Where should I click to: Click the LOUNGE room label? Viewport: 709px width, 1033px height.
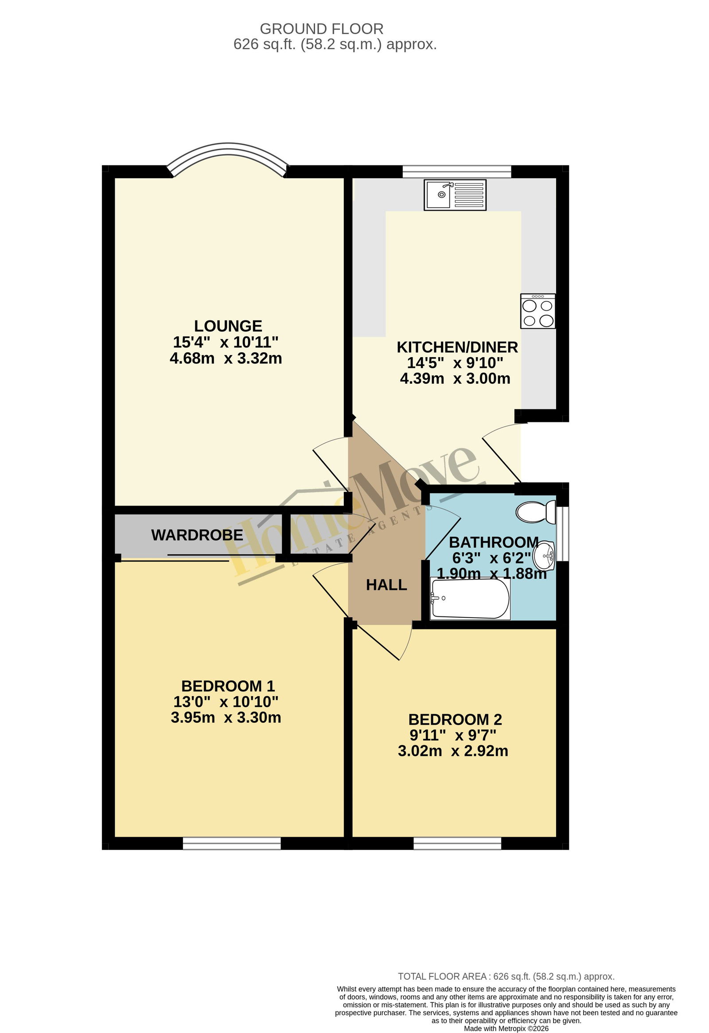click(228, 326)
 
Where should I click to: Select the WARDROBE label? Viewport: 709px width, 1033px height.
click(197, 535)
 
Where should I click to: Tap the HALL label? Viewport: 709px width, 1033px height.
click(386, 585)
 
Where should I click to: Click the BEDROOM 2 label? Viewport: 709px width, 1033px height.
click(455, 719)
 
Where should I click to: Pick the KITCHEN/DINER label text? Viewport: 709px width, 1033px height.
click(457, 347)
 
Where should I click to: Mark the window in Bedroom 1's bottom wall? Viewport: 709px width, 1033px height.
click(232, 843)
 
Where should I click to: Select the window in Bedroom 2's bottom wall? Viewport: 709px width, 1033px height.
click(457, 843)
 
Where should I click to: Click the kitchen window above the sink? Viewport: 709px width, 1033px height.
click(457, 172)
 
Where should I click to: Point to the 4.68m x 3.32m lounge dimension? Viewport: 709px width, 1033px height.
click(226, 358)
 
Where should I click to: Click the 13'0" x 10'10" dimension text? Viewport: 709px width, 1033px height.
click(226, 702)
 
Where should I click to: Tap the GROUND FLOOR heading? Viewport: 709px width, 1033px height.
click(321, 29)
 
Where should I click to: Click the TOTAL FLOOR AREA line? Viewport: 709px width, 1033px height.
click(506, 977)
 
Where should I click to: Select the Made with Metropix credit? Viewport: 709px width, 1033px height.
click(506, 1029)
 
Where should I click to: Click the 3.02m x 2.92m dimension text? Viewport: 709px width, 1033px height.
click(453, 751)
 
